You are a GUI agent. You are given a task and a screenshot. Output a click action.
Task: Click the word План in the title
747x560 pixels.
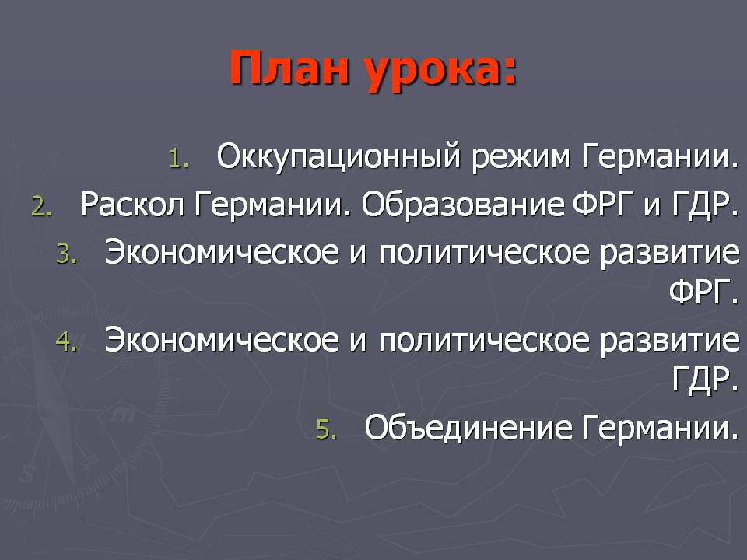click(x=289, y=68)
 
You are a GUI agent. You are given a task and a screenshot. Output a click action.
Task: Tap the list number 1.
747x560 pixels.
click(x=179, y=159)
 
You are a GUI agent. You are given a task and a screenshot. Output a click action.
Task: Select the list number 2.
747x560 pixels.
click(x=41, y=207)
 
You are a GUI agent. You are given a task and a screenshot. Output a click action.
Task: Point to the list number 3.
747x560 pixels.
click(x=66, y=254)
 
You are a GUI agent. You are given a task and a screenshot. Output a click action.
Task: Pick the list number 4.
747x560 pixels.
click(x=66, y=341)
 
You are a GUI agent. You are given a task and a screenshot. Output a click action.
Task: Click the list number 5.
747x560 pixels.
click(x=326, y=429)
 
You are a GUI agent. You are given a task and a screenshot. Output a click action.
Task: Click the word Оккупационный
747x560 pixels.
click(x=338, y=157)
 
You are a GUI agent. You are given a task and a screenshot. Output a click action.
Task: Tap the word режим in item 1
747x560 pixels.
click(x=521, y=158)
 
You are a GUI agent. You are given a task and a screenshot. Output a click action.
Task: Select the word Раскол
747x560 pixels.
click(x=132, y=205)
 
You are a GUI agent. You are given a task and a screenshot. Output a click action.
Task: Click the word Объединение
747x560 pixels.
click(x=468, y=427)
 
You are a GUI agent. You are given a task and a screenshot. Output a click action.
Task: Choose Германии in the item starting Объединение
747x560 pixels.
click(x=660, y=427)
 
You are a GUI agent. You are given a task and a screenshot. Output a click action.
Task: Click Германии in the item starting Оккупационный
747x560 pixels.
click(x=660, y=157)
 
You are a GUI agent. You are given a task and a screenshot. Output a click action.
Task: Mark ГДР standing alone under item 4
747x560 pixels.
click(x=706, y=379)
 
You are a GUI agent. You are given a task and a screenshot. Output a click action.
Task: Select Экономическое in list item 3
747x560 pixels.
click(x=222, y=252)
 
